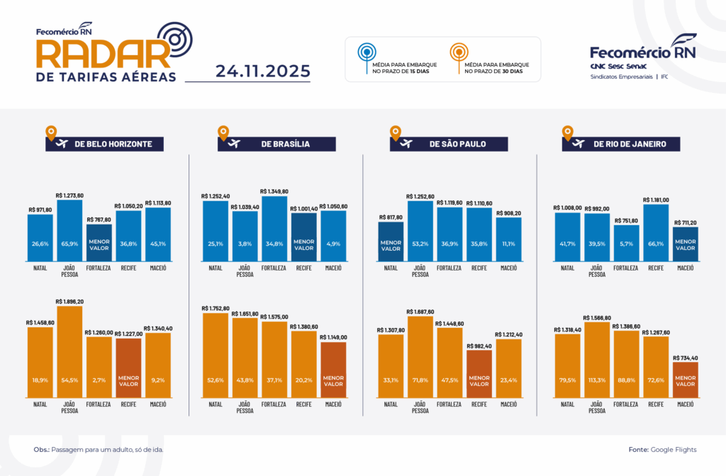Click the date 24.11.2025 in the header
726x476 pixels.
pyautogui.click(x=263, y=71)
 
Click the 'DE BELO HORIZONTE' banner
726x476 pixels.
pyautogui.click(x=104, y=144)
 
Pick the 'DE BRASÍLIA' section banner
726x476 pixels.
pyautogui.click(x=277, y=144)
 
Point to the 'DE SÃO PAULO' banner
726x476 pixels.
pyautogui.click(x=449, y=144)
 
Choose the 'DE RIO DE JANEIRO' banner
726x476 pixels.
pyautogui.click(x=621, y=144)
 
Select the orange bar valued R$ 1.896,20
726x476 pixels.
pyautogui.click(x=69, y=361)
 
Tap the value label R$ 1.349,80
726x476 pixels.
pyautogui.click(x=274, y=191)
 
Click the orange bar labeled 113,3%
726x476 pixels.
pyautogui.click(x=597, y=361)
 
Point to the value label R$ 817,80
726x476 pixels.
pyautogui.click(x=391, y=217)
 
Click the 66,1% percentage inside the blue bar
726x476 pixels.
pyautogui.click(x=656, y=244)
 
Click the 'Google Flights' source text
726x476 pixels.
pyautogui.click(x=673, y=450)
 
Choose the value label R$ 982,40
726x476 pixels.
pyautogui.click(x=479, y=346)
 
